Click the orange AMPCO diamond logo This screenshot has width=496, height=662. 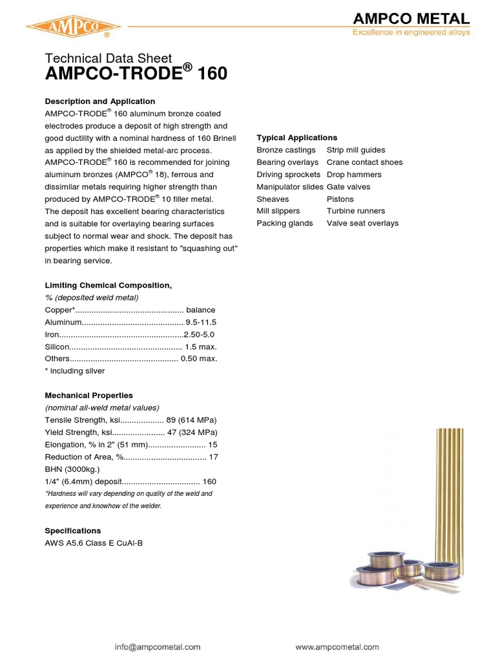click(69, 27)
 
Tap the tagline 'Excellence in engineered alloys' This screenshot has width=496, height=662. click(410, 32)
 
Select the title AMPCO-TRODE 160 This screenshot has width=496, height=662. click(136, 74)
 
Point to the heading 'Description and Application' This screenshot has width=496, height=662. click(99, 101)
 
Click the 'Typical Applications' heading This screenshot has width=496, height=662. click(296, 138)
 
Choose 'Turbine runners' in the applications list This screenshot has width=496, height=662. click(355, 211)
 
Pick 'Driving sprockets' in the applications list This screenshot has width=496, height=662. click(288, 175)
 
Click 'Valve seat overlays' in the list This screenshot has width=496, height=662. click(362, 223)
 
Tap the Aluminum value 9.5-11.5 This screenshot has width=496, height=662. click(201, 322)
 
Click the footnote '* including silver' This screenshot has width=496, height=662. click(74, 371)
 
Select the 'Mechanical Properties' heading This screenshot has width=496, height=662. click(88, 395)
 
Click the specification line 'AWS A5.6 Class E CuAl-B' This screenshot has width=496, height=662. click(94, 543)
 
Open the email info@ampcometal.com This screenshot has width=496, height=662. click(158, 646)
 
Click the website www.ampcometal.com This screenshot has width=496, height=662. click(336, 646)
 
